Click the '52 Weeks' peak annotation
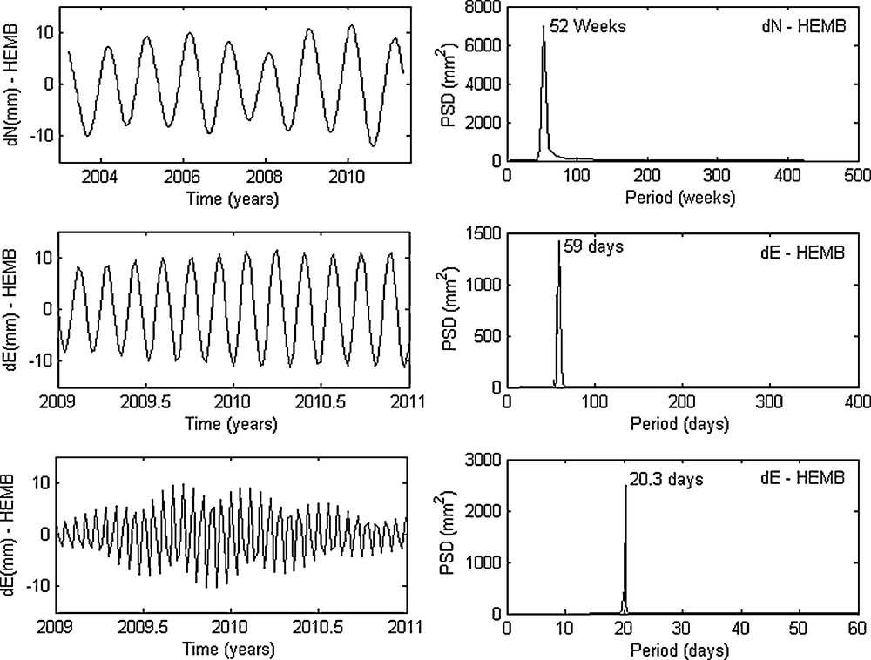(588, 26)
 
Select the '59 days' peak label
(593, 247)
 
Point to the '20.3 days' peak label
(665, 478)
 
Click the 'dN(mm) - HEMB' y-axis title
(14, 83)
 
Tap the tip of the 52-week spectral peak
(544, 26)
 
